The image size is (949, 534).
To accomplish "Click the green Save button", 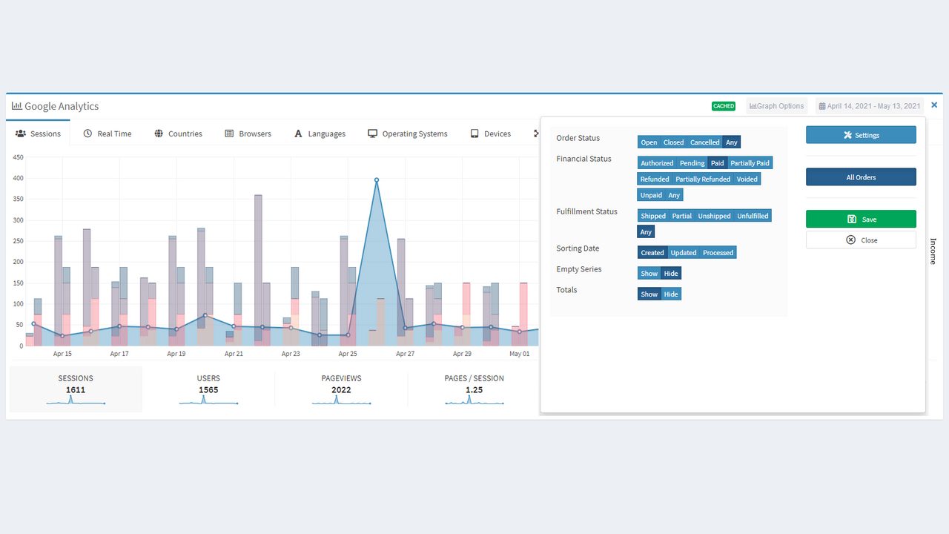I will (861, 219).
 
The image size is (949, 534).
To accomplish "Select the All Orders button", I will (861, 177).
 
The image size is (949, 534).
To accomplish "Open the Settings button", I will (861, 135).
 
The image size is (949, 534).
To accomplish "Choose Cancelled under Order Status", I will (704, 142).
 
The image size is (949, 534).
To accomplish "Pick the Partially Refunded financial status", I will (703, 179).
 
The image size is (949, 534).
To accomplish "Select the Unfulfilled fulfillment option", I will (753, 216).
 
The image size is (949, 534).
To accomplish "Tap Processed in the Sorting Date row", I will (718, 253).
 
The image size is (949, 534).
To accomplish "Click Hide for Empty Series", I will (671, 274).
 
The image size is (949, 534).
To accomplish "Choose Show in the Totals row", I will (649, 294).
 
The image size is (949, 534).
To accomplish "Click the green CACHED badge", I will (723, 106).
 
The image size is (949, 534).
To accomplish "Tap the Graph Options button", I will (776, 106).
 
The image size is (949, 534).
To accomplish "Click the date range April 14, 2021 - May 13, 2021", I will (869, 106).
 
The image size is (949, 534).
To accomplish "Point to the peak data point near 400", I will (377, 179).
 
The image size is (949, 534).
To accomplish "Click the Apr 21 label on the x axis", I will (234, 354).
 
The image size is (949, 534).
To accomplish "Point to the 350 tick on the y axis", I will (18, 200).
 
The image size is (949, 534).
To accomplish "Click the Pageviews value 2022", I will (341, 390).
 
